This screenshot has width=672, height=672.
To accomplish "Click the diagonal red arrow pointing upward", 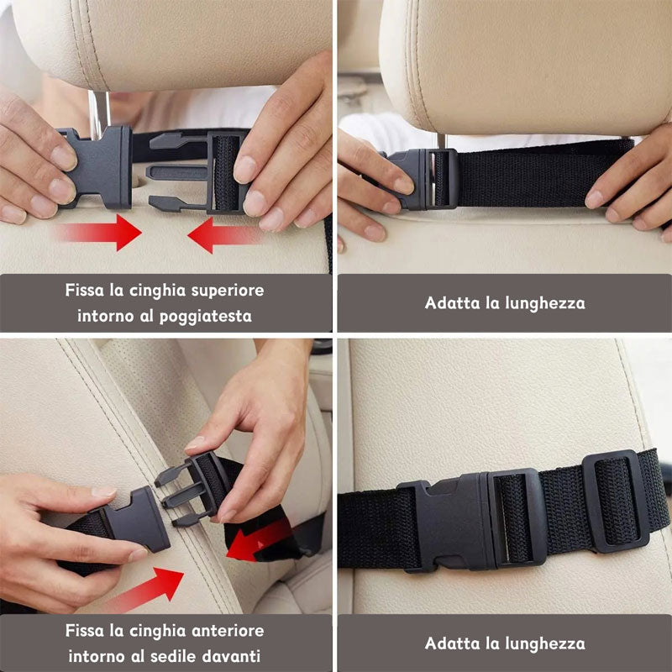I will click(x=147, y=588).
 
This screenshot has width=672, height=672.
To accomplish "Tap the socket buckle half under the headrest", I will click(x=98, y=168).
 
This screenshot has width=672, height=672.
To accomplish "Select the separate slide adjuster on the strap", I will click(x=616, y=501).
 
